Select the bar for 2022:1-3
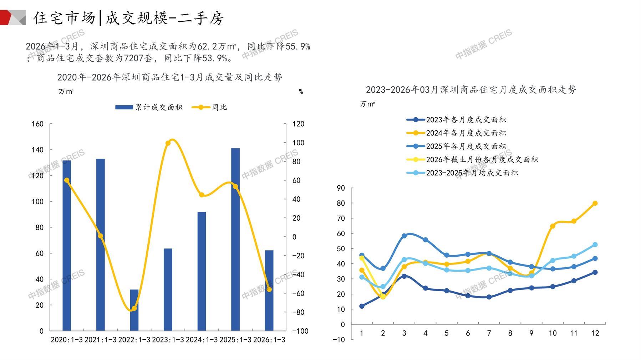click(x=134, y=310)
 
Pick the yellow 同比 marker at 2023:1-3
click(x=168, y=143)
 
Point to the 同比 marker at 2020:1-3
click(x=67, y=180)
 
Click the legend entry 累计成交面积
click(x=149, y=107)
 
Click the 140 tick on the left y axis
click(x=37, y=150)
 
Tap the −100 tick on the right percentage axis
click(x=300, y=331)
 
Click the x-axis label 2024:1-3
click(x=202, y=340)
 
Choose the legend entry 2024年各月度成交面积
click(x=456, y=133)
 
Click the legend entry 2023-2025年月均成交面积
click(x=462, y=173)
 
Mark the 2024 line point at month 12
click(x=595, y=203)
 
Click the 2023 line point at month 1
click(x=362, y=306)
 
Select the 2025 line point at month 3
click(x=404, y=236)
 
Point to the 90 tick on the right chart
click(x=341, y=188)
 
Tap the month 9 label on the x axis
click(x=531, y=333)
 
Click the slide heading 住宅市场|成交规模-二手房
click(x=128, y=18)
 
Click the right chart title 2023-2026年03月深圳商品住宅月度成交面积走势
click(x=471, y=89)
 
